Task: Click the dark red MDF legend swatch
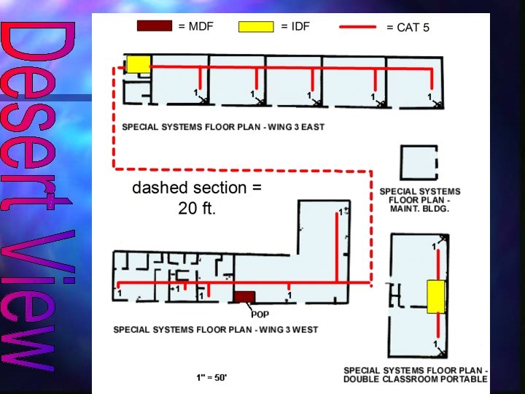(x=155, y=26)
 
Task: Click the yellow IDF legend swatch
(x=256, y=27)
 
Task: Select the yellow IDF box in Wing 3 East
(x=138, y=63)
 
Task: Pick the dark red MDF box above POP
(x=244, y=297)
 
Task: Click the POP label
(x=260, y=314)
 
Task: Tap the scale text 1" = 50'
(x=211, y=377)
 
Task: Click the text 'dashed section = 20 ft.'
(x=197, y=198)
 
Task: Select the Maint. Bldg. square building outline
(x=420, y=163)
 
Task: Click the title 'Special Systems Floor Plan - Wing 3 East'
(x=222, y=127)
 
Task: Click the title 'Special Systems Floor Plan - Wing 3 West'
(x=215, y=330)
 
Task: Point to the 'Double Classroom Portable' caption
(x=415, y=375)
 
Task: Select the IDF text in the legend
(x=295, y=27)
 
